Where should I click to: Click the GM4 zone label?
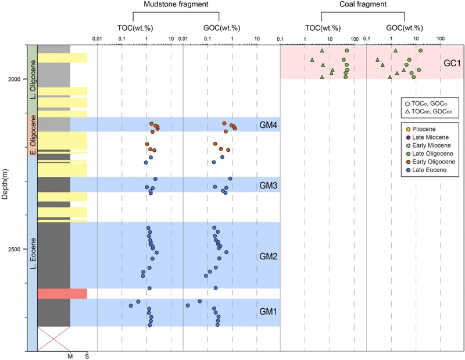click(268, 124)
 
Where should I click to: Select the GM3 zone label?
click(268, 184)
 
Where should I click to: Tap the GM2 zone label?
click(268, 256)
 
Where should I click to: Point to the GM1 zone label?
click(268, 312)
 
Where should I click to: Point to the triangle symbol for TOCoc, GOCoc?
click(408, 111)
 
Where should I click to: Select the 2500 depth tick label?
click(17, 249)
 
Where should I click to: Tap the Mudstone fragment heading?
click(169, 5)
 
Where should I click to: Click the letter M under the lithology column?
click(70, 355)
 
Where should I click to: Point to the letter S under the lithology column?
click(87, 355)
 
